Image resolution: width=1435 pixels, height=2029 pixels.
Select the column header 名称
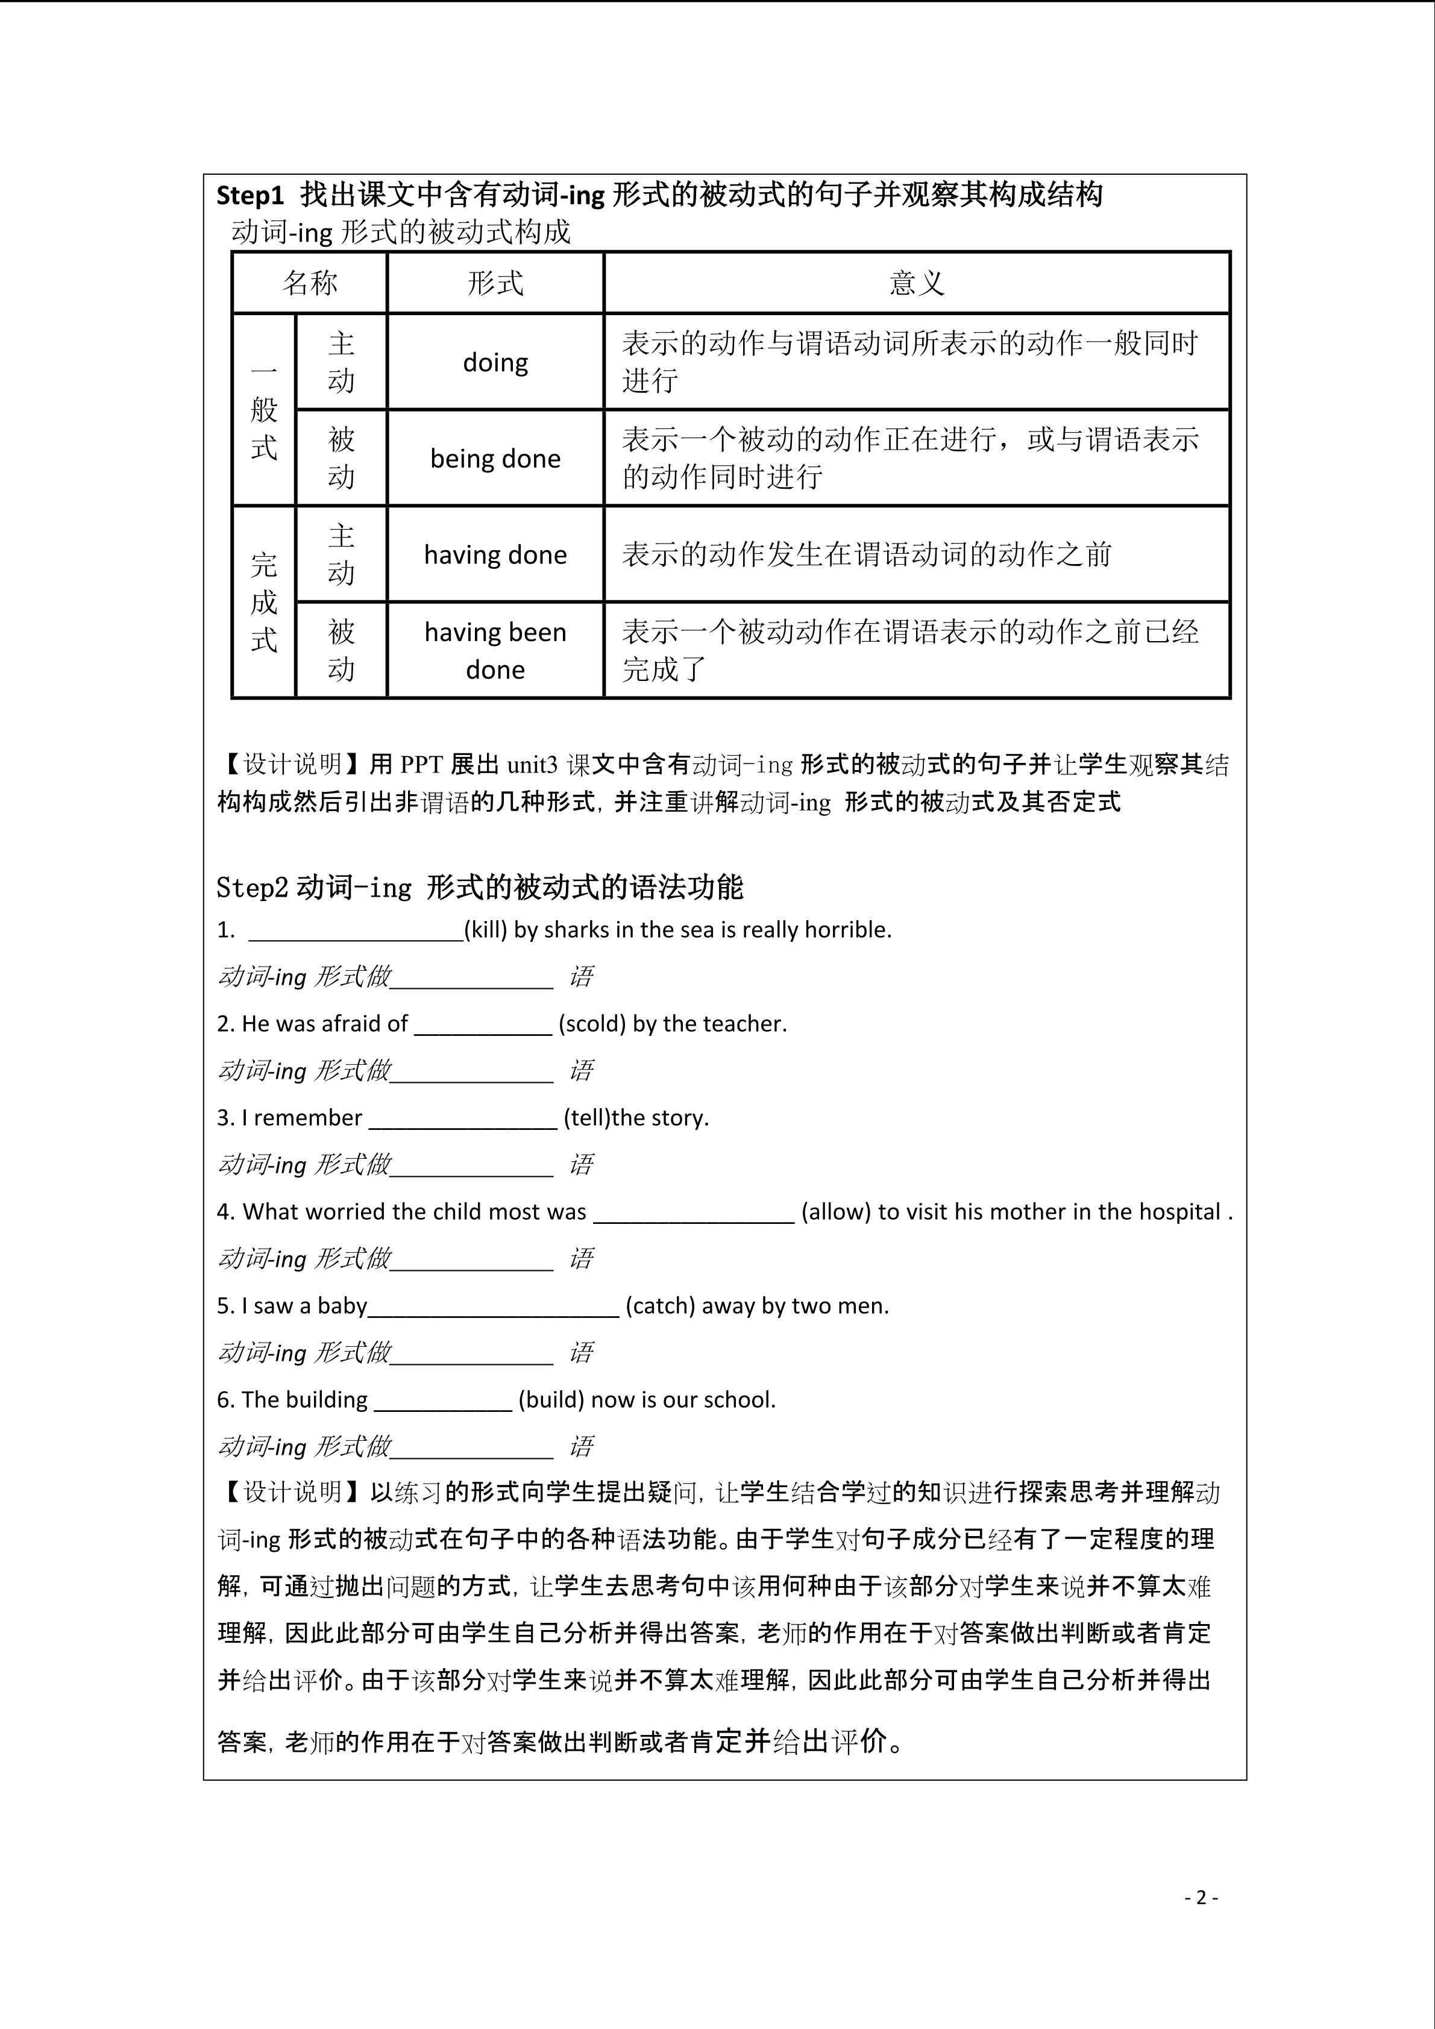[309, 283]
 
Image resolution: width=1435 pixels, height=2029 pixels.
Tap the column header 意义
[916, 283]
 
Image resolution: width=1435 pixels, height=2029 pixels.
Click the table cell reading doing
[495, 362]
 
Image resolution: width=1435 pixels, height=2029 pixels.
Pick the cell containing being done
[495, 459]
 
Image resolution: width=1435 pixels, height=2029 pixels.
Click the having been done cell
[495, 650]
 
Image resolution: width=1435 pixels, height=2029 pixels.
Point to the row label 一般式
[263, 410]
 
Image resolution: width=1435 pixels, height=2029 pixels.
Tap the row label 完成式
[263, 603]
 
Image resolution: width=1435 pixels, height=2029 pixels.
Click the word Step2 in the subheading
[253, 887]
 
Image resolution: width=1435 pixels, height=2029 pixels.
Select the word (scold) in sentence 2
[592, 1023]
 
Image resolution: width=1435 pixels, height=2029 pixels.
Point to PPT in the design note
[421, 764]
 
